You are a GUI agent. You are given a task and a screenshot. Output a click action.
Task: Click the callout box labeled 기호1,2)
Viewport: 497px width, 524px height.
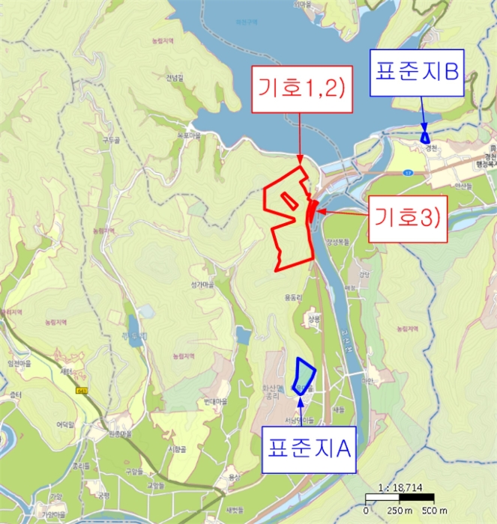pyautogui.click(x=299, y=88)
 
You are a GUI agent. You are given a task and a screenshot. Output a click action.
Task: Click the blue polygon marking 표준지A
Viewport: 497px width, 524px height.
pyautogui.click(x=304, y=376)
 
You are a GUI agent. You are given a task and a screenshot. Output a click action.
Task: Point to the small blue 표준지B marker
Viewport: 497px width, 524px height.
pyautogui.click(x=425, y=137)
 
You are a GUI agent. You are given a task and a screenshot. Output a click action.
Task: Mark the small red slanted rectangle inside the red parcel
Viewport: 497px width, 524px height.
pyautogui.click(x=288, y=199)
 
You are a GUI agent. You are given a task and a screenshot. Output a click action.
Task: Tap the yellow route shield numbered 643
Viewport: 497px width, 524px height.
pyautogui.click(x=82, y=391)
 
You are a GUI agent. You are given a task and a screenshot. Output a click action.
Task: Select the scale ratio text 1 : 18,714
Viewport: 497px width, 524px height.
pyautogui.click(x=401, y=487)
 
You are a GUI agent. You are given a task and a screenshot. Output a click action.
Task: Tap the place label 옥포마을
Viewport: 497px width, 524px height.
pyautogui.click(x=189, y=135)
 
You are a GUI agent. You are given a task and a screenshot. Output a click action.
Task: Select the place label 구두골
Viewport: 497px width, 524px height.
pyautogui.click(x=112, y=140)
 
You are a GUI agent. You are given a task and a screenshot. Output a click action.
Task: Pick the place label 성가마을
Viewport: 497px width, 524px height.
pyautogui.click(x=203, y=284)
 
